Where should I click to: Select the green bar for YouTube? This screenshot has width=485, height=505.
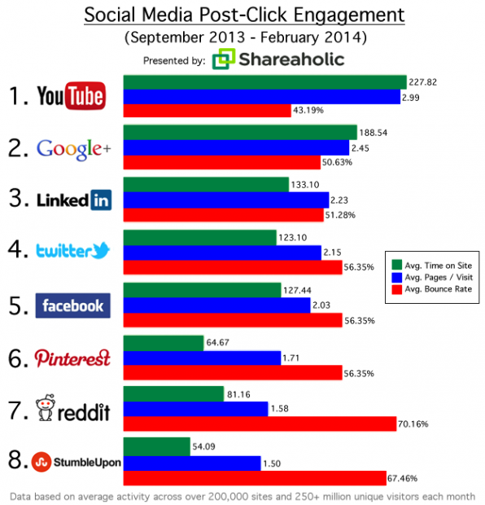click(x=264, y=81)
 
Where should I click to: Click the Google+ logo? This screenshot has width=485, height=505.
click(x=73, y=147)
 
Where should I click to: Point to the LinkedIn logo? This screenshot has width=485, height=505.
click(x=73, y=200)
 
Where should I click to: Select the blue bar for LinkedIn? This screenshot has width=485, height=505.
click(x=225, y=200)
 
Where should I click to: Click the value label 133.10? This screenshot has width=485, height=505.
click(x=306, y=185)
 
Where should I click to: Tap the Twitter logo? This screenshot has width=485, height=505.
click(x=73, y=252)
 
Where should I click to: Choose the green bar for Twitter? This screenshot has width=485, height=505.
click(x=199, y=237)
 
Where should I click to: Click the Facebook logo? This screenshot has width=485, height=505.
click(x=73, y=305)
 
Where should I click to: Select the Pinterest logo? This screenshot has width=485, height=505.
click(x=73, y=358)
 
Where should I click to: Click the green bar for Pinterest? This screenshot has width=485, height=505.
click(x=163, y=342)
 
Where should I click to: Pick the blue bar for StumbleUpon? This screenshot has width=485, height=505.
click(x=191, y=463)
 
